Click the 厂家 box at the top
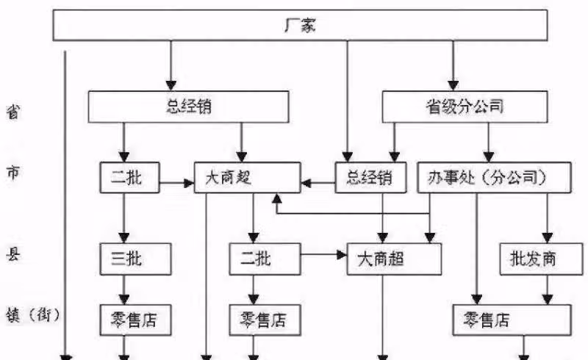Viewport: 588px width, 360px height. click(x=301, y=26)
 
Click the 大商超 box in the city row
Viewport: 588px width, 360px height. click(x=247, y=178)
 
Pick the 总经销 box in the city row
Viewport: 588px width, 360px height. click(x=370, y=178)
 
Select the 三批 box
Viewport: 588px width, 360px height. click(x=135, y=258)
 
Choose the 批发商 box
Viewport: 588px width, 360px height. click(x=534, y=258)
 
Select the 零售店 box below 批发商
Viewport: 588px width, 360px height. click(x=511, y=320)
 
